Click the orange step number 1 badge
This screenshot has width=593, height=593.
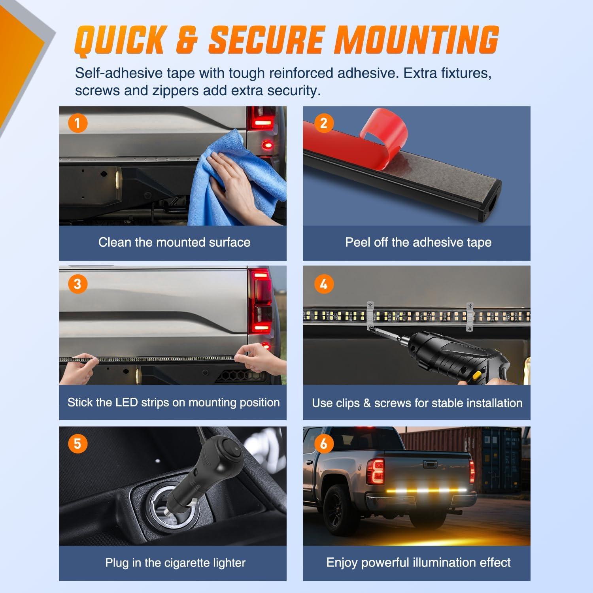tap(77, 123)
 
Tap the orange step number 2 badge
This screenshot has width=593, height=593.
tap(324, 123)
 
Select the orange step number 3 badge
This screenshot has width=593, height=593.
tap(77, 284)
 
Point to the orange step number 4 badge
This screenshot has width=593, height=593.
tap(324, 284)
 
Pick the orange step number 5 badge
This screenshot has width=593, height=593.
tap(77, 444)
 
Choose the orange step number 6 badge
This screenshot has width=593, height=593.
tap(324, 444)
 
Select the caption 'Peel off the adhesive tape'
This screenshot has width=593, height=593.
tap(418, 242)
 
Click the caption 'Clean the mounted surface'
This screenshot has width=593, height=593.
tap(174, 242)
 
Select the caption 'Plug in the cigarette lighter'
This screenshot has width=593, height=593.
tap(175, 563)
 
